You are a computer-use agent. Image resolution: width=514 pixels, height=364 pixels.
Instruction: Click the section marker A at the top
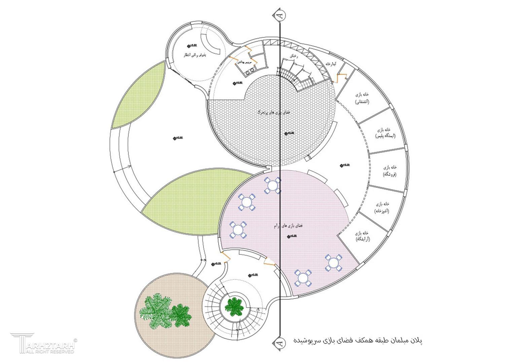click(280, 14)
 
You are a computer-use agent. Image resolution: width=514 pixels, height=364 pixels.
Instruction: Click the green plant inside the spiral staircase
click(234, 306)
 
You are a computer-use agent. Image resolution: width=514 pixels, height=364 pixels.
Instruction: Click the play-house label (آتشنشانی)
click(362, 98)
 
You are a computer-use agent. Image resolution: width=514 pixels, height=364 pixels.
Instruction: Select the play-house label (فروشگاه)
click(390, 171)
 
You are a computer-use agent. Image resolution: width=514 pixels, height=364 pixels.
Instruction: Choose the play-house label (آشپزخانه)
click(382, 207)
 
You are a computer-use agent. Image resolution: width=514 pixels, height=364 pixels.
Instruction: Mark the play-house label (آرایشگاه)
click(362, 236)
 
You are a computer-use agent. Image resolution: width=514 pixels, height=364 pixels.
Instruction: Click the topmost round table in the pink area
click(272, 185)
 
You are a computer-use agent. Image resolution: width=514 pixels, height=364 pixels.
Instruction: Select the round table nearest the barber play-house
click(333, 263)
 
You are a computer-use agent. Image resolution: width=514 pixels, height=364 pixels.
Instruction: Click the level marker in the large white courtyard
click(175, 138)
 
